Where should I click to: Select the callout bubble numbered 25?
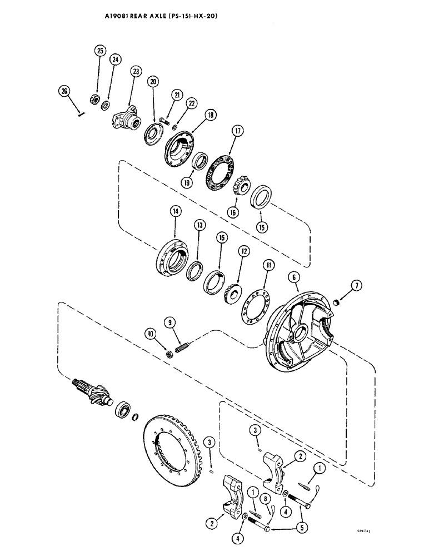pos(99,51)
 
